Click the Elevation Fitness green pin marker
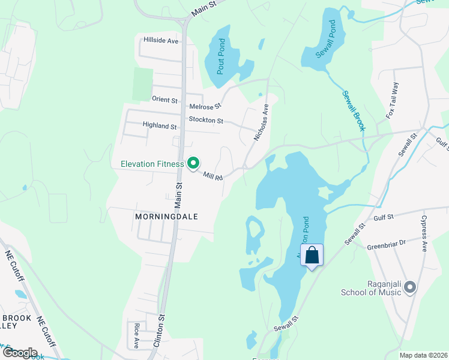(193, 163)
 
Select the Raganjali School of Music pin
(411, 288)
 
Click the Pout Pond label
(221, 56)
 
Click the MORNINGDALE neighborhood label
(167, 216)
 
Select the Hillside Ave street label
(161, 41)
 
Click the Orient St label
(165, 99)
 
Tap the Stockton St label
(206, 121)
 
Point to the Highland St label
(160, 126)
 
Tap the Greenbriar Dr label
(386, 242)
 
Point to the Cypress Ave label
(424, 233)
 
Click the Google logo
(19, 353)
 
